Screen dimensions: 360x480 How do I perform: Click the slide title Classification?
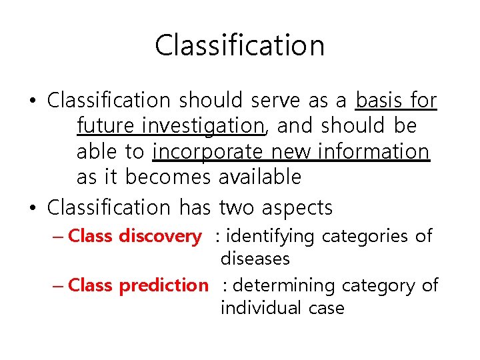pos(240,46)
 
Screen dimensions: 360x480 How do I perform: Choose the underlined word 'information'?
pos(373,152)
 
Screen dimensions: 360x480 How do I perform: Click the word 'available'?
pos(260,177)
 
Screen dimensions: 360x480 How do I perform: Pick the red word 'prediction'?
pos(163,285)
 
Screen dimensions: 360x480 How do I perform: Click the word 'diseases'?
pos(255,259)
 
